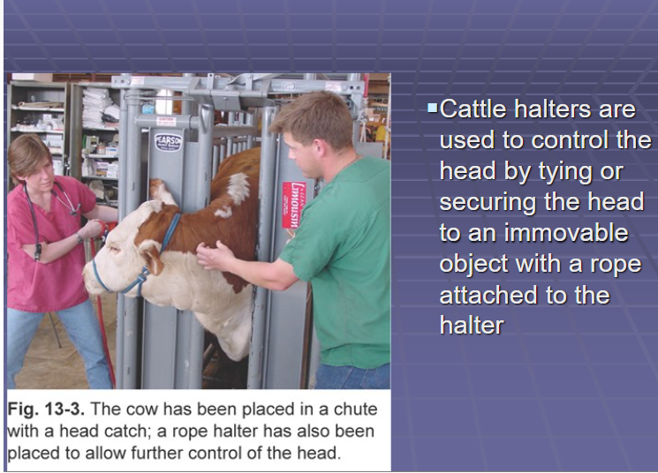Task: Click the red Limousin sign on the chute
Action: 293,205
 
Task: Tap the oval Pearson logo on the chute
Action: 169,142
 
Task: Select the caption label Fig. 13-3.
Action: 46,409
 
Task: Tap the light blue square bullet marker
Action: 432,109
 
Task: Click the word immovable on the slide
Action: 566,233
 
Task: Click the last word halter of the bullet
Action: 472,326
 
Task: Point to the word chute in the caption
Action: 355,409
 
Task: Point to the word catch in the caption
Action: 124,431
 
